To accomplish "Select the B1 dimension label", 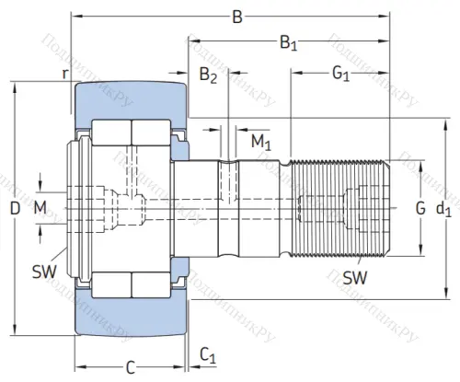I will pyautogui.click(x=289, y=42).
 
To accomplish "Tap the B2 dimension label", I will pyautogui.click(x=208, y=76).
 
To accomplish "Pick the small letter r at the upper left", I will pyautogui.click(x=64, y=72).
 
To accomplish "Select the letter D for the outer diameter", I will pyautogui.click(x=14, y=209).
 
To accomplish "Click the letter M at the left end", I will pyautogui.click(x=40, y=209).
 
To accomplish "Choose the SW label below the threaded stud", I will pyautogui.click(x=351, y=277).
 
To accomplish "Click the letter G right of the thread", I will pyautogui.click(x=420, y=208).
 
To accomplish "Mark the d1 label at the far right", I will pyautogui.click(x=443, y=210).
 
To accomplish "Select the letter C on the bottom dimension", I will pyautogui.click(x=130, y=367).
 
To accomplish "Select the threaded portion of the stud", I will pyautogui.click(x=340, y=209).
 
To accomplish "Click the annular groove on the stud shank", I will pyautogui.click(x=226, y=209).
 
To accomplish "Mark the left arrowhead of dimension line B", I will pyautogui.click(x=76, y=16).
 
